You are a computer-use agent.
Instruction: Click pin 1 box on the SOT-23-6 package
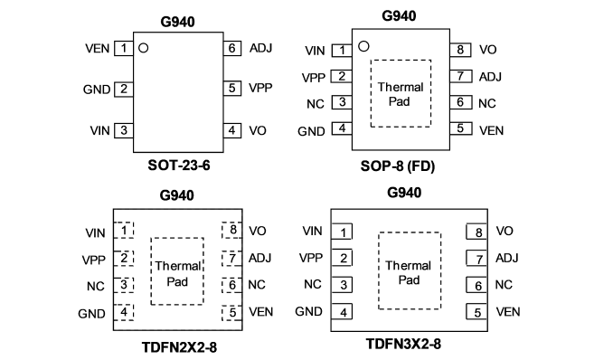[x=124, y=49]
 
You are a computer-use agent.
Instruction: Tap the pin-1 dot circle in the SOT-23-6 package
[x=144, y=48]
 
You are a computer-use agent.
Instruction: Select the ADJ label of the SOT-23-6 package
[x=260, y=48]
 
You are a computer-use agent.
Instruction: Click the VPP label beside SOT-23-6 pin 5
[x=260, y=88]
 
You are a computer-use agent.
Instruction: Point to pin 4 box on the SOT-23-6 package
[x=232, y=130]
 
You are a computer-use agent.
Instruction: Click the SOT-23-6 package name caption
[x=179, y=166]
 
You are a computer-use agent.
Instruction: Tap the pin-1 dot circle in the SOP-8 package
[x=363, y=46]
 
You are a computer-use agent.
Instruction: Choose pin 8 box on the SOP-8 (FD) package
[x=460, y=50]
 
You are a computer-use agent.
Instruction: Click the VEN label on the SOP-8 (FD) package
[x=492, y=130]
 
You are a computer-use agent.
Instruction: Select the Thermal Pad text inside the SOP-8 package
[x=401, y=94]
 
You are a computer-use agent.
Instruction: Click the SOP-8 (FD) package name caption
[x=398, y=166]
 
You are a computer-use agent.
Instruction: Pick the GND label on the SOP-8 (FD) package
[x=311, y=131]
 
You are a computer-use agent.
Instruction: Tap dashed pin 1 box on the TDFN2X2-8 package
[x=124, y=230]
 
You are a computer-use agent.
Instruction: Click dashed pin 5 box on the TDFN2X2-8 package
[x=231, y=312]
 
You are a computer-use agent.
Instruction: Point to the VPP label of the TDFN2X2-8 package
[x=93, y=260]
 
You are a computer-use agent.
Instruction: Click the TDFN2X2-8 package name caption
[x=179, y=347]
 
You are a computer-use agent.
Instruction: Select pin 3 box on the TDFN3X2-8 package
[x=342, y=285]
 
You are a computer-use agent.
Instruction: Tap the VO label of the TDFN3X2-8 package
[x=505, y=231]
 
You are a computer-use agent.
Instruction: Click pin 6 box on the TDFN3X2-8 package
[x=476, y=285]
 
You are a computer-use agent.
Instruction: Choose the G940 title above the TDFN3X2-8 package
[x=404, y=193]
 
